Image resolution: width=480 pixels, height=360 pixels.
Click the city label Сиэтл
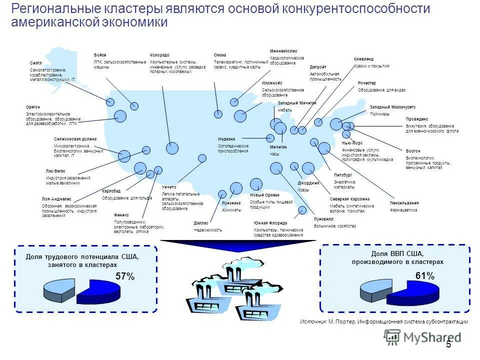tap(35, 63)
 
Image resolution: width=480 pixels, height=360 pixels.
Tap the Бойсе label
tap(100, 54)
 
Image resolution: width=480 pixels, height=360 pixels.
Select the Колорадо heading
tap(159, 54)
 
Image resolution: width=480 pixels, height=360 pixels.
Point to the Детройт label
tap(318, 67)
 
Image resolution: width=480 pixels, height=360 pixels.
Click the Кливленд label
tap(363, 59)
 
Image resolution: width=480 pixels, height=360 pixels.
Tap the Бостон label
tap(413, 151)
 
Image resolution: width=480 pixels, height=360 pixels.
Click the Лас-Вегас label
tap(55, 171)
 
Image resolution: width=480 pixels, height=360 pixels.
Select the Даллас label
tap(200, 222)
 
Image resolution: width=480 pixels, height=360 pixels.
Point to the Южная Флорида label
tap(270, 222)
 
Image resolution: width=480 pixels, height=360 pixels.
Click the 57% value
tap(125, 276)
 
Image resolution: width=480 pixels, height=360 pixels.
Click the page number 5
tap(448, 344)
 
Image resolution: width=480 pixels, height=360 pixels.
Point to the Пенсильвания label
tap(404, 203)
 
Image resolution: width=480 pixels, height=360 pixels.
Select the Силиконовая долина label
tap(75, 139)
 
